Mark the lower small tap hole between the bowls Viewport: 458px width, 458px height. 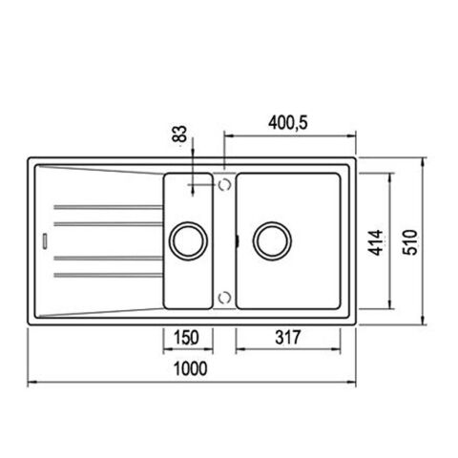pyautogui.click(x=224, y=297)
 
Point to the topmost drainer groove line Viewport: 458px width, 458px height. pyautogui.click(x=105, y=206)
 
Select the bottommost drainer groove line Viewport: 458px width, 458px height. pyautogui.click(x=105, y=276)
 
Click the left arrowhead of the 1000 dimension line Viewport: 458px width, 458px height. pyautogui.click(x=28, y=384)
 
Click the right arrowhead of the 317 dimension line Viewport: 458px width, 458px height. pyautogui.click(x=338, y=349)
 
